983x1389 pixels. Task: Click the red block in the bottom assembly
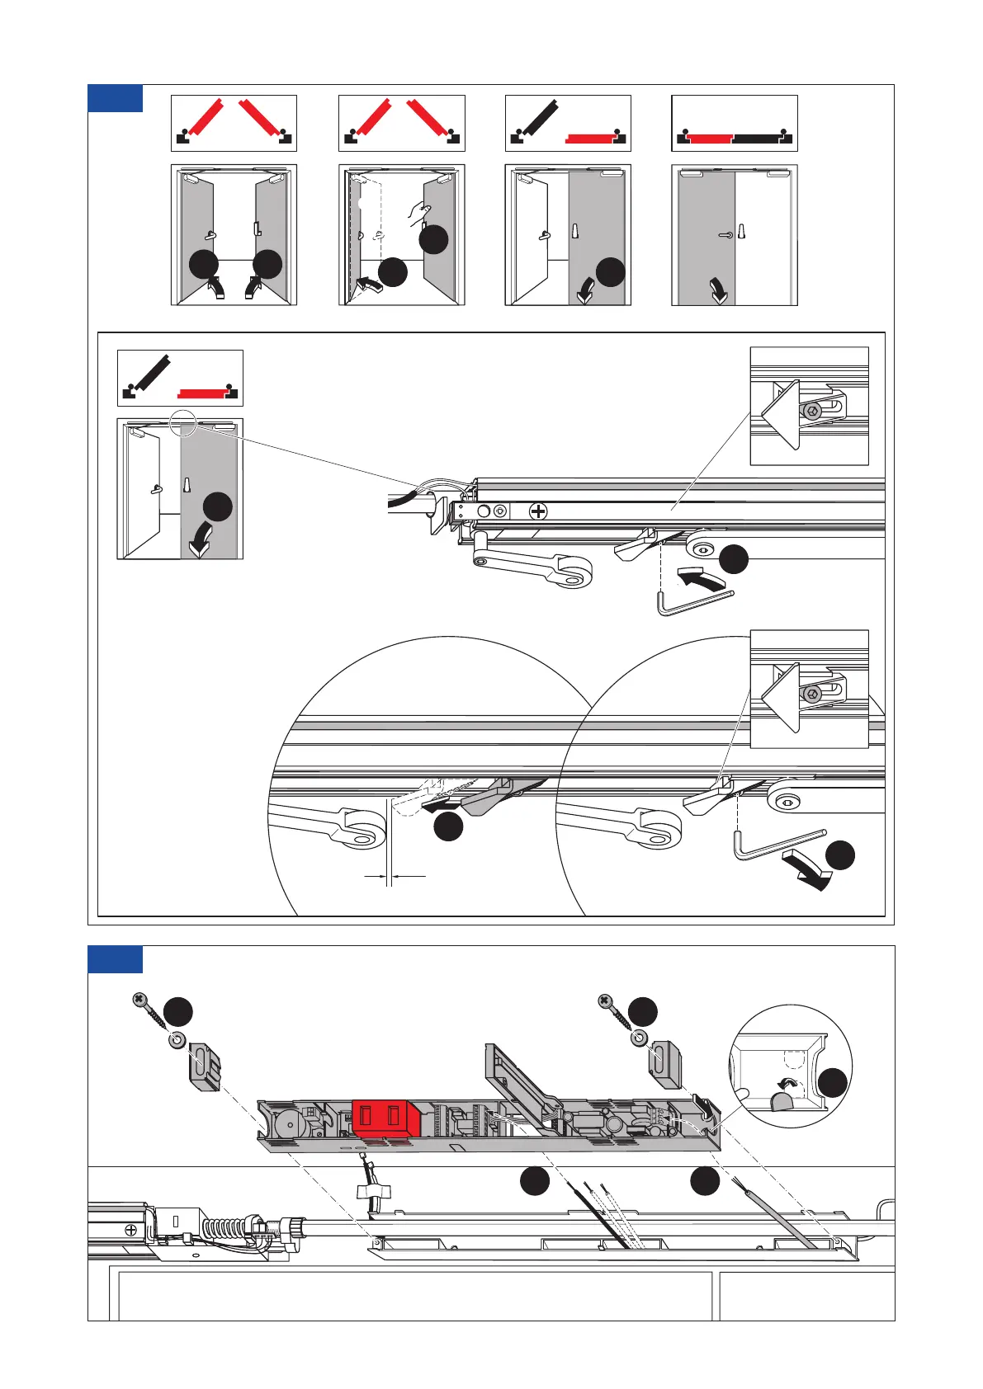click(x=386, y=1119)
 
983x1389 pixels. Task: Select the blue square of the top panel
click(x=115, y=97)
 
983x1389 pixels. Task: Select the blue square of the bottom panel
click(x=115, y=958)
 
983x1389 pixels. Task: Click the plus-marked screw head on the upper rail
click(x=537, y=511)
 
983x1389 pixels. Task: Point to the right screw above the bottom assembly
click(x=612, y=1010)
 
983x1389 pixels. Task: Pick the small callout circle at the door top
click(x=182, y=423)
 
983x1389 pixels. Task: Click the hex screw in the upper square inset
click(x=813, y=410)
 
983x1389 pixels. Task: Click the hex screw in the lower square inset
click(x=813, y=693)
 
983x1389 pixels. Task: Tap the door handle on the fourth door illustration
click(x=725, y=235)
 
